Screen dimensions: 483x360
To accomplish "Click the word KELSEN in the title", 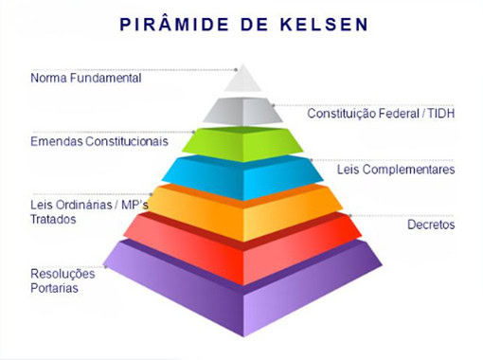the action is coord(324,25).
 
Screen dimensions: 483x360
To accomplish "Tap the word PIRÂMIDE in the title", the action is coord(174,24).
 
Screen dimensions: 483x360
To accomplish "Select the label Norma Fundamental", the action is coord(86,78).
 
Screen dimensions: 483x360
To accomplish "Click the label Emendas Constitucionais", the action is coord(99,141).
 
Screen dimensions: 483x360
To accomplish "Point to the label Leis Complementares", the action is coord(396,170).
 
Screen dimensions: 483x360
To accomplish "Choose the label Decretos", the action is coord(431,225).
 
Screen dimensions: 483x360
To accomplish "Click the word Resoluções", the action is coord(63,274).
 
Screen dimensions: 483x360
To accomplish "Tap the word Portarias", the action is coord(54,288).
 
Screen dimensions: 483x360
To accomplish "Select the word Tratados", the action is coord(53,219).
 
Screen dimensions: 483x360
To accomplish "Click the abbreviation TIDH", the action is coord(441,114).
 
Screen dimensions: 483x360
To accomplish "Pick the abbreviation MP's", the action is coord(134,205).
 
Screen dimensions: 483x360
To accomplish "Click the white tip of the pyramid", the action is coord(242,80).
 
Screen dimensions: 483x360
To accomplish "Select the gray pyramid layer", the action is coord(242,111).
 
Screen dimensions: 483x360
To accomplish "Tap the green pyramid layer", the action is coord(242,144).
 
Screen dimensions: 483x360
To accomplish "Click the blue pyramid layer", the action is coord(242,177).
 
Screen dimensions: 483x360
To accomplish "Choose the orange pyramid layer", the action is coord(242,212).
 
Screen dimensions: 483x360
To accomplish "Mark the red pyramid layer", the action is coord(242,248).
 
